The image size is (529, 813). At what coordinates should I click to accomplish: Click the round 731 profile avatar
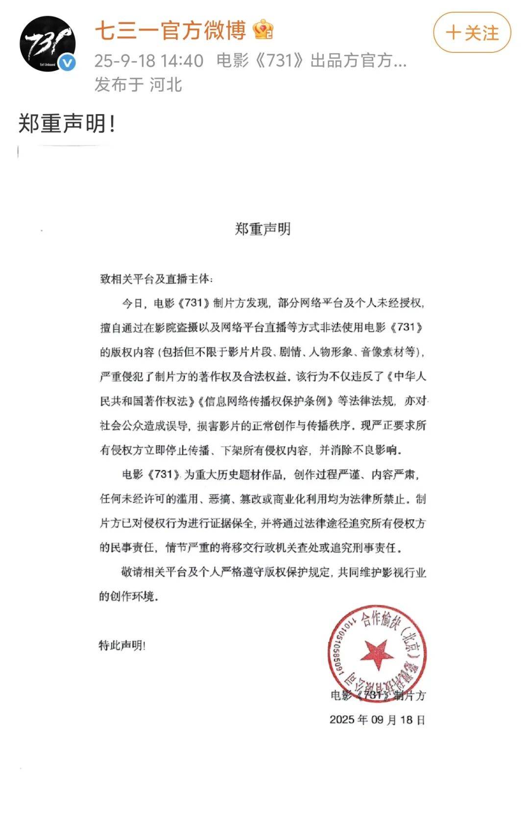point(48,44)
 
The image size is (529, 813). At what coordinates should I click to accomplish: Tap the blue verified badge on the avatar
point(67,63)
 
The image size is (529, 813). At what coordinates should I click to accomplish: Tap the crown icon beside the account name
point(263,30)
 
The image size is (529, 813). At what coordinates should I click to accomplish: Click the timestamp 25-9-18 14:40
point(149,61)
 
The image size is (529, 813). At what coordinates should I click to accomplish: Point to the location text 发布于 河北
point(138,85)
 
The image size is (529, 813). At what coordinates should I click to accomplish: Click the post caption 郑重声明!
point(67,123)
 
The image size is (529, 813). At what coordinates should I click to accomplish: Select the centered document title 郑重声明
point(263,229)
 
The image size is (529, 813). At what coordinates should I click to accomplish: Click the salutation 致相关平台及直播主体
point(156,279)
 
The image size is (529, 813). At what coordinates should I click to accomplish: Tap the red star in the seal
point(377,653)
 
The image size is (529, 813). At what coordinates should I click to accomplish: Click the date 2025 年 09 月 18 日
point(377,720)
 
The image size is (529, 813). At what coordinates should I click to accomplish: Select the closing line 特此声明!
point(122,646)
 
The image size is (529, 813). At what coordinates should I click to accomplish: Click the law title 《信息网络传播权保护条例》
point(266,401)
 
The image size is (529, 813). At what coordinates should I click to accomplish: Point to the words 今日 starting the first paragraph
point(132,303)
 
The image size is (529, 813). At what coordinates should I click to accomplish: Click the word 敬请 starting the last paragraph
point(132,572)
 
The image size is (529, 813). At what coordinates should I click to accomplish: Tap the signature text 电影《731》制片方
point(378,695)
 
